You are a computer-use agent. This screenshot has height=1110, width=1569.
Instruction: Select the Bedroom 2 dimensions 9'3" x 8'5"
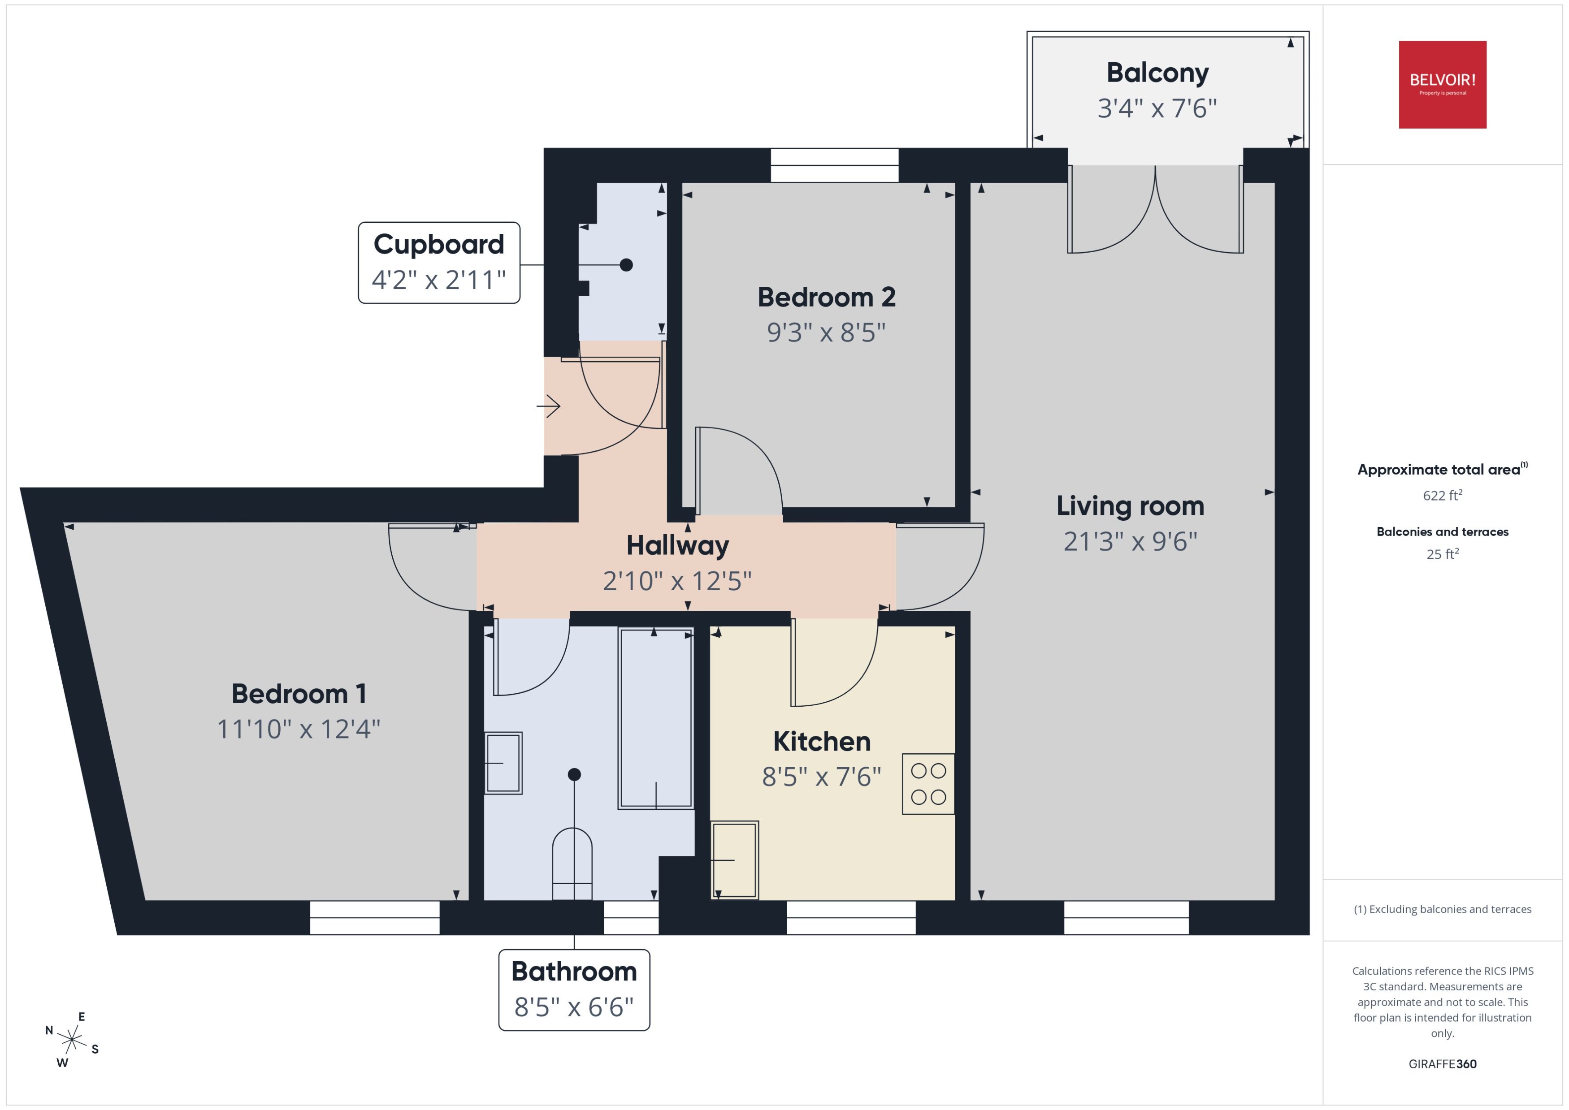tap(826, 333)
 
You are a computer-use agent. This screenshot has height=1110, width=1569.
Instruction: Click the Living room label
tap(1129, 506)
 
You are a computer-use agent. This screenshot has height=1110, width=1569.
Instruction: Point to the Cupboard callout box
tap(439, 263)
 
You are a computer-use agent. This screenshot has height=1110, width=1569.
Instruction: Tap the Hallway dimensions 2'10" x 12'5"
tap(677, 581)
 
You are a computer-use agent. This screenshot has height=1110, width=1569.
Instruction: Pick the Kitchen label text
tap(822, 742)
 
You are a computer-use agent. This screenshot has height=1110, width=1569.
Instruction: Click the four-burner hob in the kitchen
tap(928, 783)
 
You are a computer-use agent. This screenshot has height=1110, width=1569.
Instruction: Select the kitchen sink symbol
tap(734, 860)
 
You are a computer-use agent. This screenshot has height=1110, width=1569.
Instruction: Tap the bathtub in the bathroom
tap(655, 718)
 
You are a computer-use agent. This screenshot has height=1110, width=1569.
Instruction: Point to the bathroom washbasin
tap(503, 763)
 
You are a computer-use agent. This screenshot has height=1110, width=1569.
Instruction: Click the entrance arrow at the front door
tap(548, 407)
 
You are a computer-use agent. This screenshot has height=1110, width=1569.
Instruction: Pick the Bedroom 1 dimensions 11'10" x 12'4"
tap(298, 729)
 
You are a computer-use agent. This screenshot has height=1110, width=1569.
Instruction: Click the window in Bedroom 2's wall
tap(834, 165)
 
